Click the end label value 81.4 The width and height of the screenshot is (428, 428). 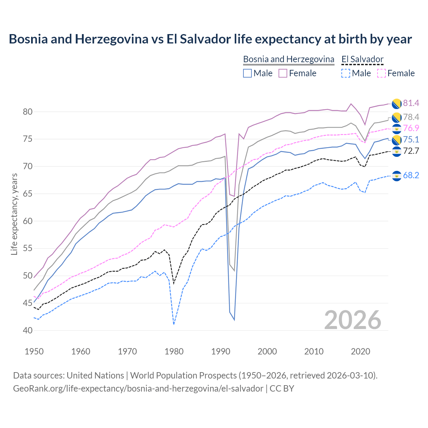point(411,103)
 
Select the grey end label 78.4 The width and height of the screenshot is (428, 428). point(411,117)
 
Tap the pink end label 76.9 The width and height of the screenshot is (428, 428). point(411,128)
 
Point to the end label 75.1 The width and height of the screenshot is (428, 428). point(411,140)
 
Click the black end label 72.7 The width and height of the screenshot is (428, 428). point(411,151)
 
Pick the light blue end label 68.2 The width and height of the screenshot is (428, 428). point(411,176)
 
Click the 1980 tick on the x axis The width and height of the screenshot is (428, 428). point(174,351)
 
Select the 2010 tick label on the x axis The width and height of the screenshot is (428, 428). point(314,351)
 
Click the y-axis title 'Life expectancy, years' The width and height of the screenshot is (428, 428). point(14,214)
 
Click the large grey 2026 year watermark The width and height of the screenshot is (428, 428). point(353,320)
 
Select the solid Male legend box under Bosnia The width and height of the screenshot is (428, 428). point(247,73)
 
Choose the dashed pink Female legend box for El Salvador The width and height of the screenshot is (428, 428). point(381,73)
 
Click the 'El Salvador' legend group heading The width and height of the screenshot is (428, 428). point(362,59)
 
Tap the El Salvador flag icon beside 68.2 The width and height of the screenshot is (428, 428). point(397,176)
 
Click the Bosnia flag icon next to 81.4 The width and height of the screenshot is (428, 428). point(397,104)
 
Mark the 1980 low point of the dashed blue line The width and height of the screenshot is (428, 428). point(174,324)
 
